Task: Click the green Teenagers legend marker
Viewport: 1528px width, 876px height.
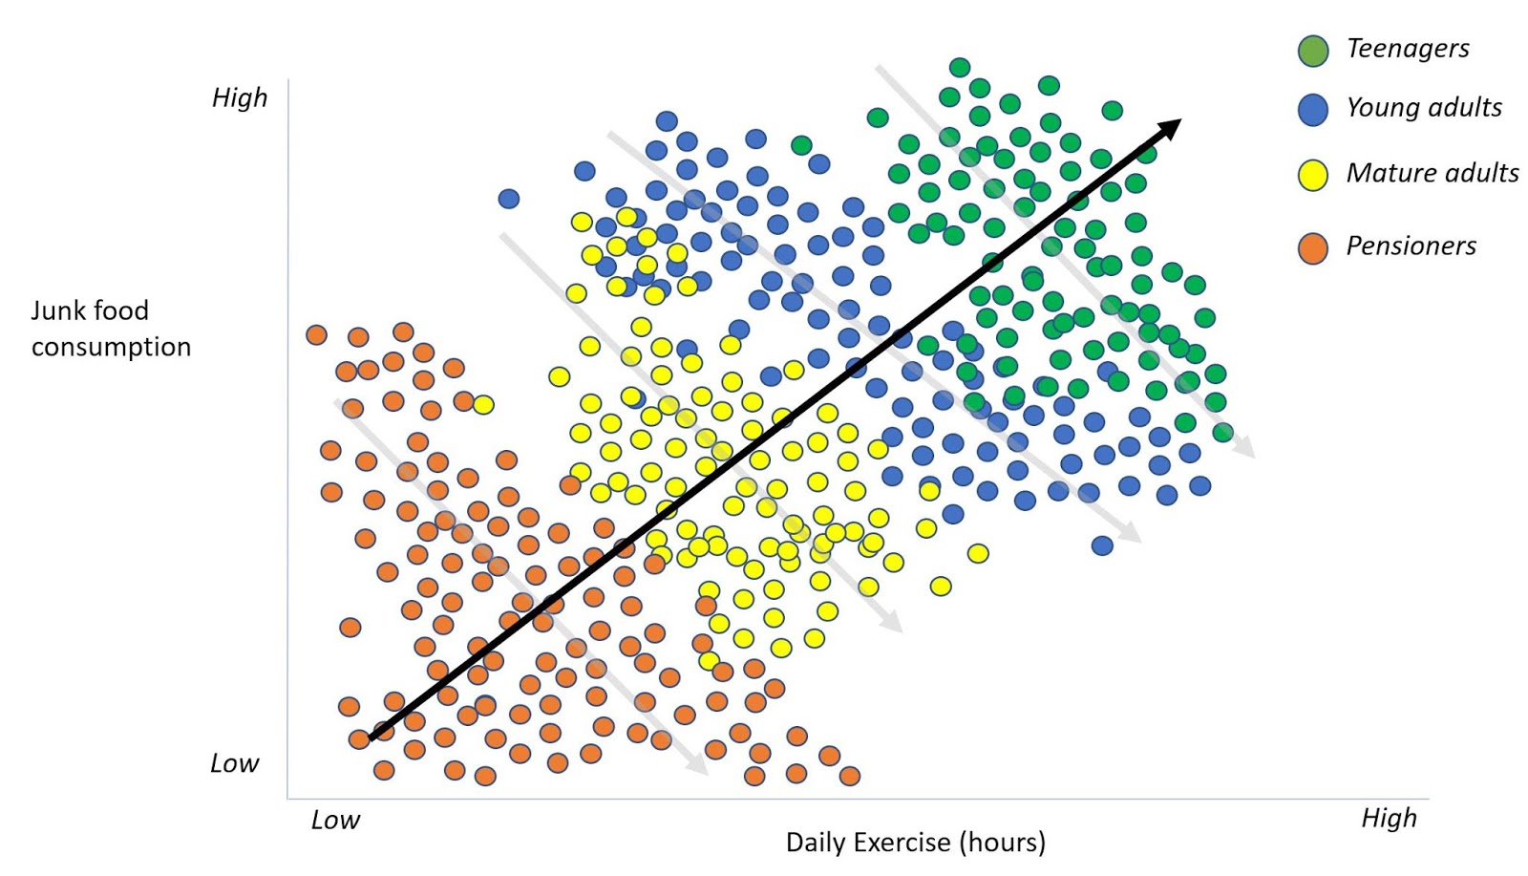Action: [1313, 51]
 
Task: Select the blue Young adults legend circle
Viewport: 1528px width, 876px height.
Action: [1313, 110]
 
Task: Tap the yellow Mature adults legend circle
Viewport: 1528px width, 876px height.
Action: [1313, 175]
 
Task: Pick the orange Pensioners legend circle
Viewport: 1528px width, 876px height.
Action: [1313, 248]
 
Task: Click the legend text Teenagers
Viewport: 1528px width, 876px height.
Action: [1407, 49]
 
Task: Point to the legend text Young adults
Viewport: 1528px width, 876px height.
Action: [1423, 108]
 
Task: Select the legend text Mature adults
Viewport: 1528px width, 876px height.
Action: [1432, 173]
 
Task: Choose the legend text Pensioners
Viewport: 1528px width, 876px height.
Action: [1411, 246]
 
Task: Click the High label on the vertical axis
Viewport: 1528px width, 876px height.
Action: [240, 98]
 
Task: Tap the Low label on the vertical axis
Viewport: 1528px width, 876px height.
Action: [235, 763]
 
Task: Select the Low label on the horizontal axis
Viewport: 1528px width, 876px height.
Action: [335, 821]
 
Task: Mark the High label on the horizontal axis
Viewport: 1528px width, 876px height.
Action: [1389, 819]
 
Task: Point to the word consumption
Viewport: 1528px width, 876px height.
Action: [111, 347]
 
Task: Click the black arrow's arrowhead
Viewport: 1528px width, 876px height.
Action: [1170, 128]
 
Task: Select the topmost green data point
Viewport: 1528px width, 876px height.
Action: [960, 67]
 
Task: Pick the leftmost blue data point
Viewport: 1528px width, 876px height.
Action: [509, 199]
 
